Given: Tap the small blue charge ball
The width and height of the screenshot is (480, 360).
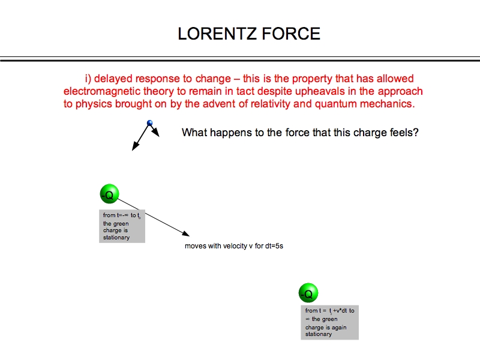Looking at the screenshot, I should coord(150,123).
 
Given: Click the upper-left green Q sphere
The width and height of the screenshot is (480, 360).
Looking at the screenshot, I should coord(109,194).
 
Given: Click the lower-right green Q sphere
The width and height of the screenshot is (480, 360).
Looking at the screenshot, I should coord(308,293).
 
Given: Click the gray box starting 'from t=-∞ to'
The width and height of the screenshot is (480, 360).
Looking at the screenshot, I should coord(122,226).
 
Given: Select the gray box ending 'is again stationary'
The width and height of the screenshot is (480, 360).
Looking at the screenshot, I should coord(329,323).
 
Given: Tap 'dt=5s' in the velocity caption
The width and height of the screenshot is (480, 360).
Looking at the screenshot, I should coord(272,246).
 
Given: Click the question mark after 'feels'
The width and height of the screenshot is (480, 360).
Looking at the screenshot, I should coord(415,133).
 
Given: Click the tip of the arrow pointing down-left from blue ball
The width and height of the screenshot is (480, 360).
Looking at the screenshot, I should coord(134,149).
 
